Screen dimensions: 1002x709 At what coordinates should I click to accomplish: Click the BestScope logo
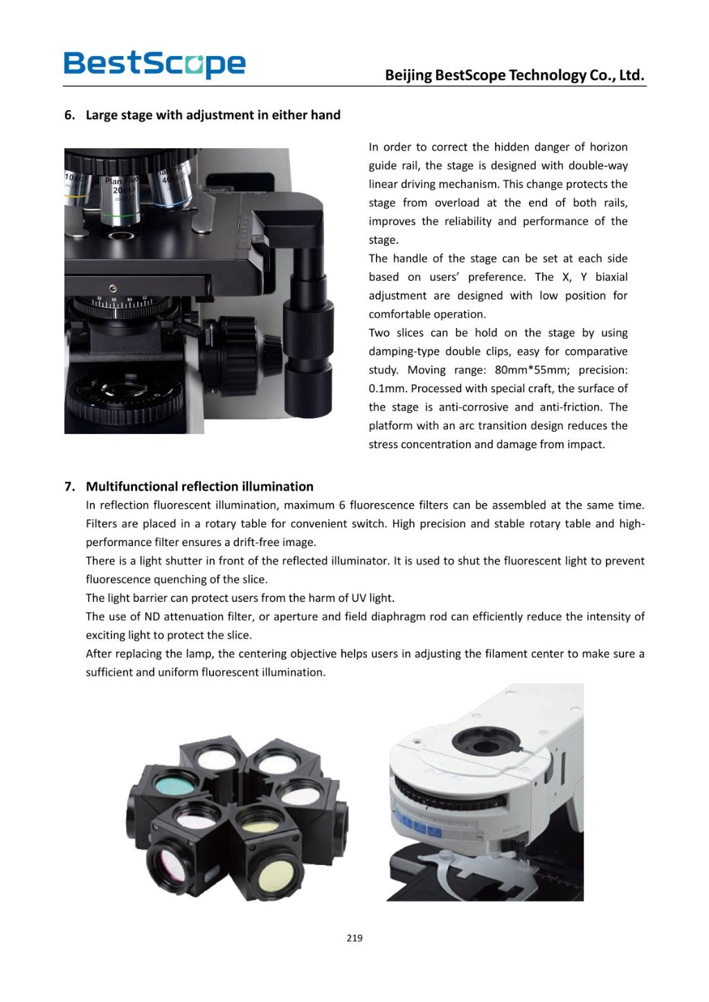(154, 64)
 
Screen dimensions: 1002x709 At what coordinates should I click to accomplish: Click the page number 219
(354, 938)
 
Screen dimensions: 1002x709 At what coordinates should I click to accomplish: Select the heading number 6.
(69, 115)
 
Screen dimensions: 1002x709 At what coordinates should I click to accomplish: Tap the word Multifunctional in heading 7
(132, 486)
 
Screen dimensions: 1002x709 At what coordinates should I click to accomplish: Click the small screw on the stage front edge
(113, 289)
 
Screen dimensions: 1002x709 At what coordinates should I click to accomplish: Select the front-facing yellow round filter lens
(275, 875)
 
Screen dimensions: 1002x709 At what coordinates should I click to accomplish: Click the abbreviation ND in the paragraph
(152, 617)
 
